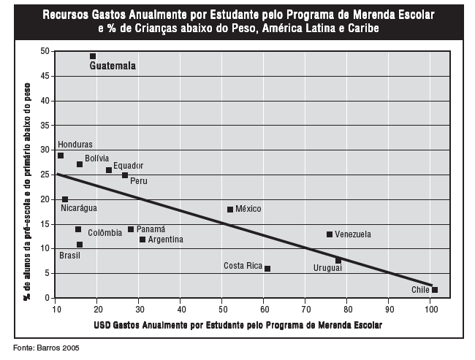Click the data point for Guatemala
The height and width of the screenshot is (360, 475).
click(x=93, y=56)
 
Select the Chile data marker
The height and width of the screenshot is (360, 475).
click(x=435, y=290)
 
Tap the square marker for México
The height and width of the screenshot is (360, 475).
click(x=230, y=210)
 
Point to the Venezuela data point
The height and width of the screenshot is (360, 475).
click(x=330, y=234)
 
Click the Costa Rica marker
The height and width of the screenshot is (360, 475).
click(x=267, y=269)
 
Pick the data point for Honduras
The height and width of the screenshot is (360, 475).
click(x=61, y=156)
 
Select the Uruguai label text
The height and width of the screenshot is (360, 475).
click(x=327, y=269)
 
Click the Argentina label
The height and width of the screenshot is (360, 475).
click(x=165, y=240)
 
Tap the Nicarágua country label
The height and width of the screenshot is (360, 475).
click(x=79, y=208)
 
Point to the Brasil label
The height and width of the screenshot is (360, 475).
click(x=69, y=256)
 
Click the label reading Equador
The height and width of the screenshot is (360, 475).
click(x=128, y=166)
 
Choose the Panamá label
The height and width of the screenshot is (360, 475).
click(x=151, y=229)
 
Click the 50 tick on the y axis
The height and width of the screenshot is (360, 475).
click(x=45, y=51)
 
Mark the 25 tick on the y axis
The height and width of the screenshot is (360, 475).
click(x=45, y=175)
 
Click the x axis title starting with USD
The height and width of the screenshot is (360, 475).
click(x=237, y=323)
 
